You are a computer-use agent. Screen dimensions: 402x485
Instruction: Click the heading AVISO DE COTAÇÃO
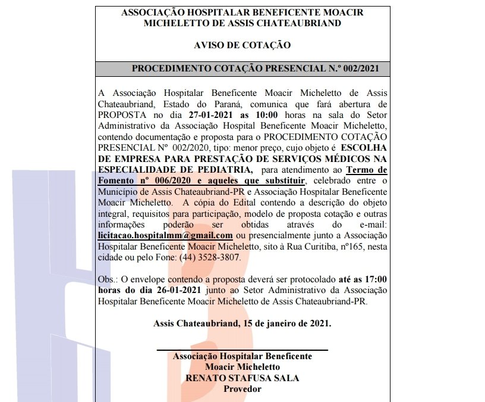242,45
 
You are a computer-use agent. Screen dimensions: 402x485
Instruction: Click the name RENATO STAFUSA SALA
242,378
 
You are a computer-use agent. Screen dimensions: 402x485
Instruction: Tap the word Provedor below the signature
242,389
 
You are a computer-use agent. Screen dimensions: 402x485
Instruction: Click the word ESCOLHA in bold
364,147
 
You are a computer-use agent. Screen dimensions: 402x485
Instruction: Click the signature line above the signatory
242,350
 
